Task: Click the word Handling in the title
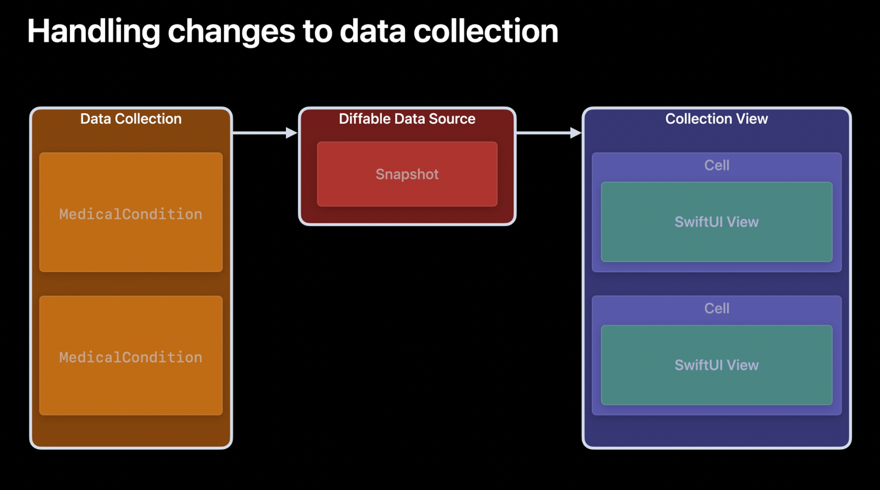pyautogui.click(x=93, y=31)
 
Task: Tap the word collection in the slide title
pyautogui.click(x=485, y=31)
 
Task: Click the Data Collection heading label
pyautogui.click(x=131, y=119)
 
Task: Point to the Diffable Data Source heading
pyautogui.click(x=407, y=119)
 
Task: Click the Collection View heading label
pyautogui.click(x=717, y=119)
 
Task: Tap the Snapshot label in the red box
pyautogui.click(x=407, y=174)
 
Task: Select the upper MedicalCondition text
pyautogui.click(x=131, y=214)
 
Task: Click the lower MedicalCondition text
pyautogui.click(x=131, y=357)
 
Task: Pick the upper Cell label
pyautogui.click(x=717, y=165)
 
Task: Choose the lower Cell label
pyautogui.click(x=717, y=308)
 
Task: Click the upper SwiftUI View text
pyautogui.click(x=717, y=222)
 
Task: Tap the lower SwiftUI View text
pyautogui.click(x=717, y=364)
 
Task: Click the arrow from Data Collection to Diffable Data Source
pyautogui.click(x=265, y=133)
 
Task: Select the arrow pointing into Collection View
pyautogui.click(x=549, y=133)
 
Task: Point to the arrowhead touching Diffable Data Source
pyautogui.click(x=292, y=133)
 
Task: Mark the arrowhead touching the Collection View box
pyautogui.click(x=575, y=133)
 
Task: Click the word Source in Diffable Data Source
pyautogui.click(x=452, y=119)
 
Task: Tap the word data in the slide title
pyautogui.click(x=372, y=31)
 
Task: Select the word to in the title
pyautogui.click(x=317, y=31)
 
